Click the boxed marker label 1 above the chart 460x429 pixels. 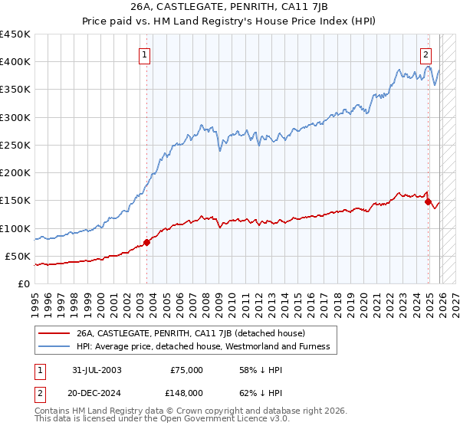point(145,54)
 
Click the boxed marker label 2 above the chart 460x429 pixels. point(426,54)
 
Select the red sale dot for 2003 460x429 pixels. point(146,242)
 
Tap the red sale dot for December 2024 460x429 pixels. point(428,201)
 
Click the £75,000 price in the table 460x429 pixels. point(186,370)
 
